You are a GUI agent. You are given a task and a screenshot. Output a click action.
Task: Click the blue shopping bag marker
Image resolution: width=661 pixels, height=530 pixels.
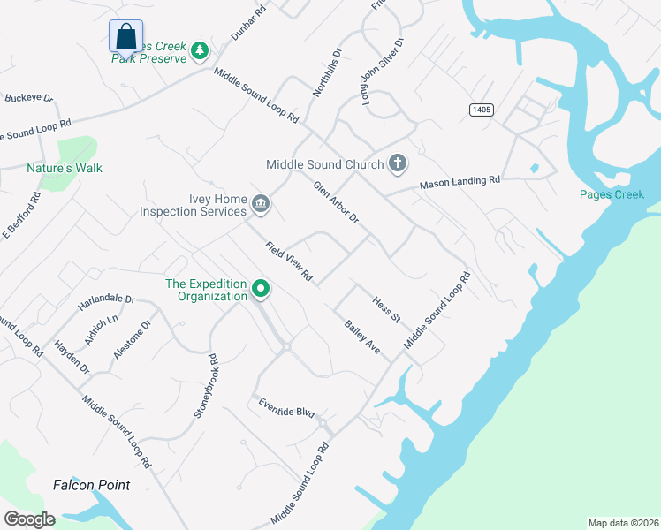click(125, 37)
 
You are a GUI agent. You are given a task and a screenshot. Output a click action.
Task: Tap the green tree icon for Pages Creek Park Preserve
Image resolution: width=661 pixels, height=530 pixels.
click(201, 50)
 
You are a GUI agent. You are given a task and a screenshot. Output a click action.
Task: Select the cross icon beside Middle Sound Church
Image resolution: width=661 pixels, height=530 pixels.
click(398, 163)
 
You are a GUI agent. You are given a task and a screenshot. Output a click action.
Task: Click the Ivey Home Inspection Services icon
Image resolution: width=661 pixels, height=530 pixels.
click(261, 205)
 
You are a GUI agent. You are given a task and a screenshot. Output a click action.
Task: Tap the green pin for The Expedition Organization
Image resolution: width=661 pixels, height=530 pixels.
click(261, 289)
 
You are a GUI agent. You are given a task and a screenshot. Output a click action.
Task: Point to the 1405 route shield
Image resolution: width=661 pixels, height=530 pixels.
click(481, 110)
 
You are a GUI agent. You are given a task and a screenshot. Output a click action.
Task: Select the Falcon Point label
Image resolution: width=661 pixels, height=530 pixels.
click(91, 485)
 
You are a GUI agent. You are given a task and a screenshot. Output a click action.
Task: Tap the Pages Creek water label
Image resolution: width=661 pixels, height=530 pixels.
click(612, 194)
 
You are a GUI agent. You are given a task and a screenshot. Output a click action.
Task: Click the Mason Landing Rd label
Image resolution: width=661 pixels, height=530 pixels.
click(460, 182)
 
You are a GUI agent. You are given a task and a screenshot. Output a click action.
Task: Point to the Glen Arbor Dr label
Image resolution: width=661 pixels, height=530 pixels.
click(336, 202)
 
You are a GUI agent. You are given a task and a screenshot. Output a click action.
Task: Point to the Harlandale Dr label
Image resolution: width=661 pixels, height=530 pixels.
click(105, 300)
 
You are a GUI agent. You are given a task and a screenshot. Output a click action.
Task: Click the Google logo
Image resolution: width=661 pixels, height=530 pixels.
click(29, 519)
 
